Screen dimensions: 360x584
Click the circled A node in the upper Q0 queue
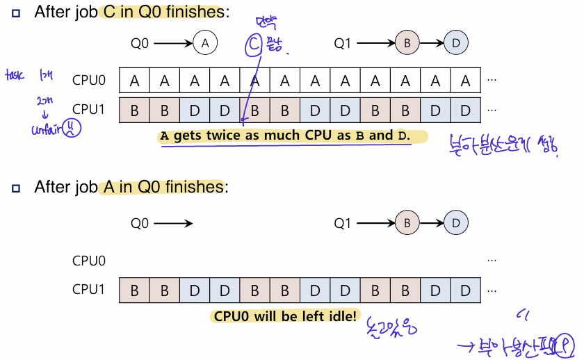[x=204, y=43]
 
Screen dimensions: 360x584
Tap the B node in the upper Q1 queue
[x=407, y=43]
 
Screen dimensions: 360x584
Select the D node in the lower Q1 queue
[x=455, y=224]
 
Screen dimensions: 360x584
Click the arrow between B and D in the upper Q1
[x=431, y=43]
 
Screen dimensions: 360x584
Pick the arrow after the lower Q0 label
[x=173, y=224]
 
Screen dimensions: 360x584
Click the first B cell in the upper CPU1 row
[x=134, y=110]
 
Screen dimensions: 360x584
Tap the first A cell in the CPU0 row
[x=134, y=80]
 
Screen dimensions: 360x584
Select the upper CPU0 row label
[x=89, y=80]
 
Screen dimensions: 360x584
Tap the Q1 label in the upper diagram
[x=342, y=43]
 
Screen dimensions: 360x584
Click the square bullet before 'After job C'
[x=16, y=13]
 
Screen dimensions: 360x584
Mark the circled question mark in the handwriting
[x=567, y=344]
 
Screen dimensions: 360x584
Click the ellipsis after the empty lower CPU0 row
[x=492, y=261]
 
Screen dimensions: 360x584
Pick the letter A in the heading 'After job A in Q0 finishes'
[x=108, y=187]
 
